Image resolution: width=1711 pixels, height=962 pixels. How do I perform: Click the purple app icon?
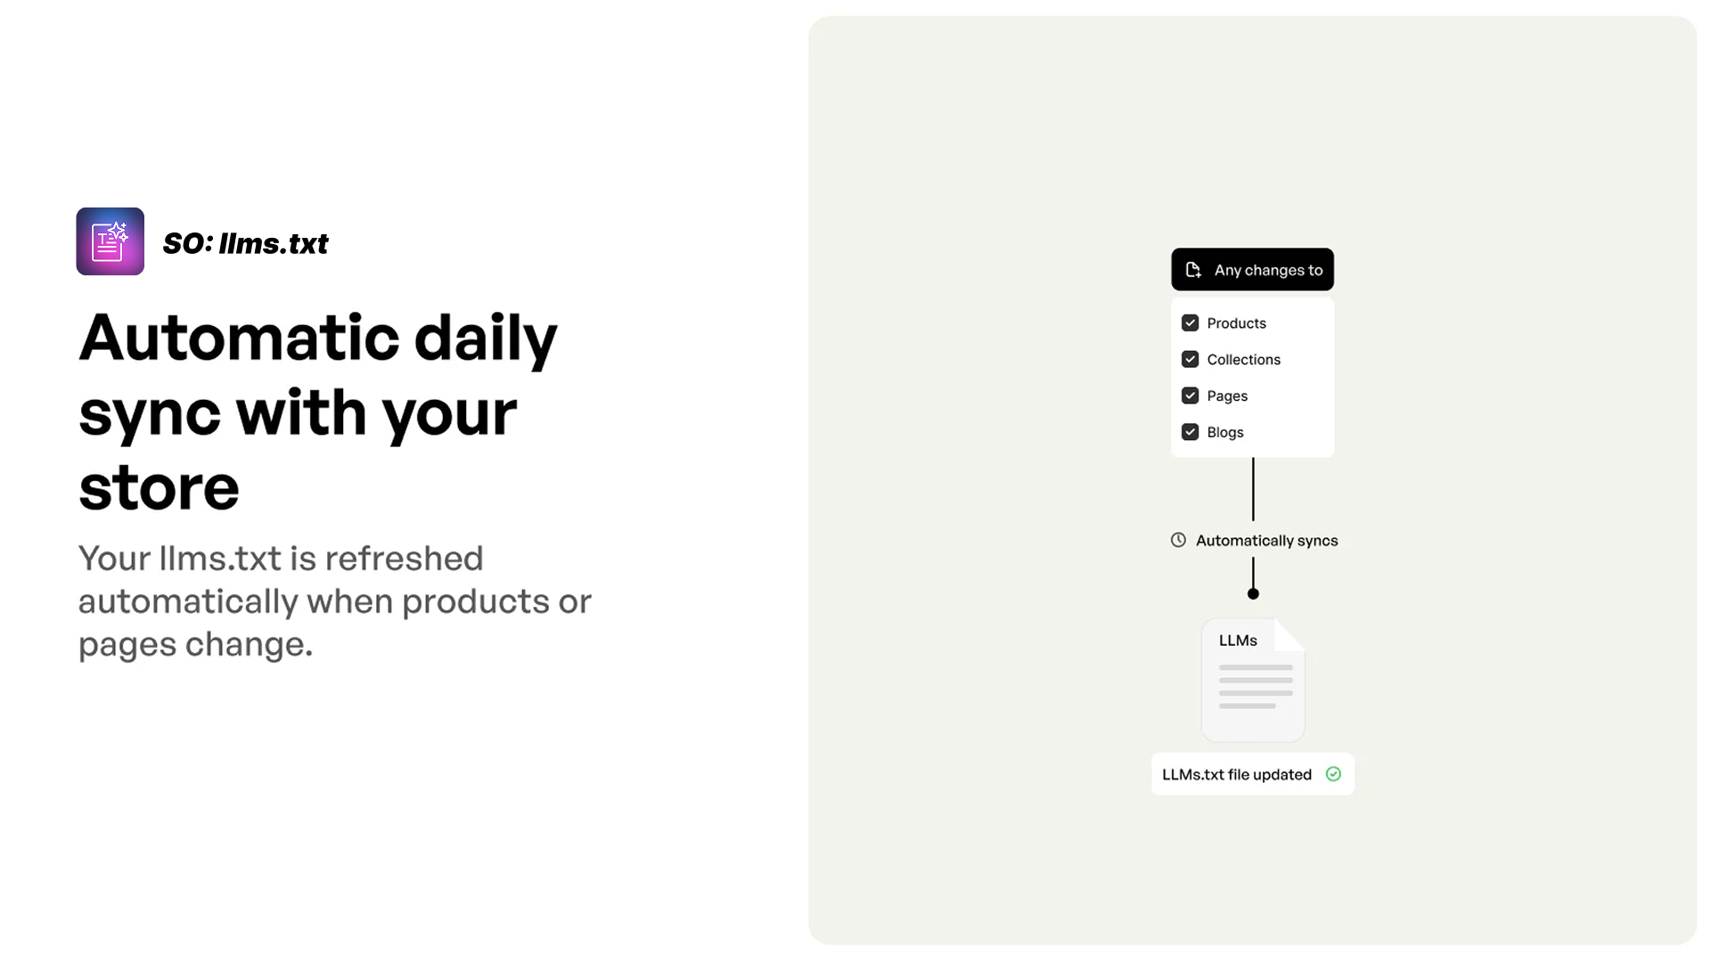[111, 241]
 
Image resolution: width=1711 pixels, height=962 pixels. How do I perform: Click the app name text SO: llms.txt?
[245, 243]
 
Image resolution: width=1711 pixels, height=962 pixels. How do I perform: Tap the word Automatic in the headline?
[239, 338]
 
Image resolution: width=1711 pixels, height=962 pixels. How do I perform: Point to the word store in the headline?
[159, 487]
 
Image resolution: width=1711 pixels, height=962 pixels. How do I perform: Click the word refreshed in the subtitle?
[404, 558]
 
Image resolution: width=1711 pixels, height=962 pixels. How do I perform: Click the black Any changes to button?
[1252, 269]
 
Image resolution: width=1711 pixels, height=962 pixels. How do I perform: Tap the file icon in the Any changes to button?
[1193, 270]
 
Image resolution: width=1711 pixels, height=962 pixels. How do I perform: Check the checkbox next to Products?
[1190, 322]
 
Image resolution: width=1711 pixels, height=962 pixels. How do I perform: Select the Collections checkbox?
[1190, 359]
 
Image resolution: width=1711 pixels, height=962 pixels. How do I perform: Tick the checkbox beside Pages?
[1190, 395]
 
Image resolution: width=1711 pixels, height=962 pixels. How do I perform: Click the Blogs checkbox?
[1190, 432]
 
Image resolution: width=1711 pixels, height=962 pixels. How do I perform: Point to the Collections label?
[1243, 359]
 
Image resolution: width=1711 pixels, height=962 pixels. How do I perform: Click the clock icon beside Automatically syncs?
[1178, 540]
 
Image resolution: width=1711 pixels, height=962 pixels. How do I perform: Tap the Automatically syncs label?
[1266, 541]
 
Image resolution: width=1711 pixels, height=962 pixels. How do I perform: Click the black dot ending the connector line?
[1253, 593]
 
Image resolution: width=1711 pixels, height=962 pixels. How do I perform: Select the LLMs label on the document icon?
[1238, 640]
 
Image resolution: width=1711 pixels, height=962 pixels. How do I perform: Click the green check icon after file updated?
[1333, 774]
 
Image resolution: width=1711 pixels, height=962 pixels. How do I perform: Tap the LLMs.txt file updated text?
[1236, 775]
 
